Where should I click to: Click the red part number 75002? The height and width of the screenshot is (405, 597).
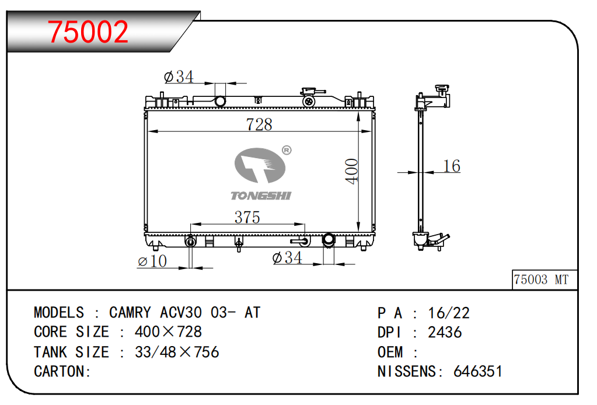tap(88, 32)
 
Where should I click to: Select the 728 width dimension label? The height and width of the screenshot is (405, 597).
tap(259, 124)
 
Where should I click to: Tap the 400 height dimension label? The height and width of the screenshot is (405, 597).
tap(351, 172)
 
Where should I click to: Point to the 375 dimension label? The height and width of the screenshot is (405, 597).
tap(247, 217)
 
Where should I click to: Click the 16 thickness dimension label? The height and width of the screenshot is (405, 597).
tap(452, 166)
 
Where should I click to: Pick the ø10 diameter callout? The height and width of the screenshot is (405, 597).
tap(152, 261)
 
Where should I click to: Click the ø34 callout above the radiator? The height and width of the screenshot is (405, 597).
tap(179, 76)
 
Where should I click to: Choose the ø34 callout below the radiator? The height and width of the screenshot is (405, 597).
tap(287, 258)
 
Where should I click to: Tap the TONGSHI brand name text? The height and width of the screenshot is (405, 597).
tap(261, 195)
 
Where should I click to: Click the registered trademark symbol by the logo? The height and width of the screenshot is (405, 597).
tap(287, 151)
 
